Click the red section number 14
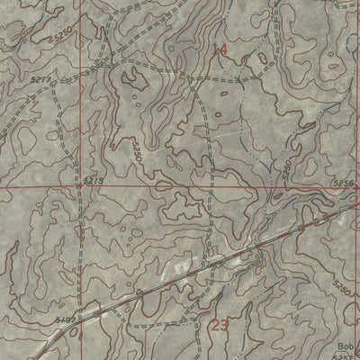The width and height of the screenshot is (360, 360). pyautogui.click(x=220, y=50)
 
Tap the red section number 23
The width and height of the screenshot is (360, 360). pyautogui.click(x=220, y=325)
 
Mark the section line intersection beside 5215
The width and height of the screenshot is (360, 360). pyautogui.click(x=79, y=188)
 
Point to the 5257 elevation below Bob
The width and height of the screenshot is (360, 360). pyautogui.click(x=346, y=356)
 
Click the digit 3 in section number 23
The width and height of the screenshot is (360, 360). pyautogui.click(x=225, y=325)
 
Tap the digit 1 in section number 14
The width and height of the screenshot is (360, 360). pyautogui.click(x=215, y=50)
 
